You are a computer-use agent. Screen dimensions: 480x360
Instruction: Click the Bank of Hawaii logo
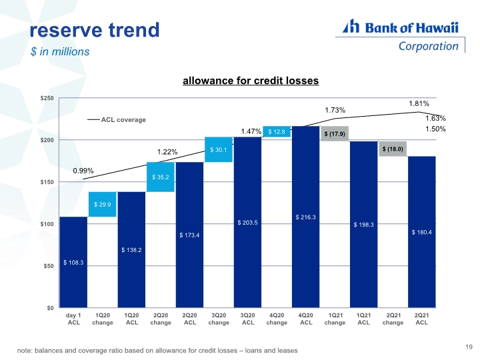(401, 35)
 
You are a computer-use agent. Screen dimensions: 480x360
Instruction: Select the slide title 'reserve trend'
(95, 30)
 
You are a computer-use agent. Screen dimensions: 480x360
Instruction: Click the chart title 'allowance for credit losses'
(251, 81)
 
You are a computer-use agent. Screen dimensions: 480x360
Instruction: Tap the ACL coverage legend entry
(117, 120)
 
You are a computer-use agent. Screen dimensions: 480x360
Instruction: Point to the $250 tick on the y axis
(47, 98)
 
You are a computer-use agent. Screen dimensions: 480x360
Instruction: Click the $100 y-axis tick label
(47, 224)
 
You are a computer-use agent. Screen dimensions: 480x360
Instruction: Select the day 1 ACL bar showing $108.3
(73, 262)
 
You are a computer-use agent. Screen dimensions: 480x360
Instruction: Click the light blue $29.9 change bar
(103, 204)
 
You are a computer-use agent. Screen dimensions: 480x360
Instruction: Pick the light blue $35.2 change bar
(161, 177)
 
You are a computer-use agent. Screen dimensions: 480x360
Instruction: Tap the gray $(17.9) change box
(335, 134)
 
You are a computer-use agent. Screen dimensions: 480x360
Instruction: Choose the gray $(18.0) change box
(393, 149)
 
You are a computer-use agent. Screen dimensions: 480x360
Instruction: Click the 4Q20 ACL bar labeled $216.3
(306, 217)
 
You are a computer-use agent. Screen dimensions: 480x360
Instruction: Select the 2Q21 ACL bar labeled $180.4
(422, 232)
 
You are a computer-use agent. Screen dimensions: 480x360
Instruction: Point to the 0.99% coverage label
(83, 171)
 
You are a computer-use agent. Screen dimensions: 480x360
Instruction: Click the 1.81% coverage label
(419, 104)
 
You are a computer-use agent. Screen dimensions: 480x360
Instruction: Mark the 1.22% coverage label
(167, 152)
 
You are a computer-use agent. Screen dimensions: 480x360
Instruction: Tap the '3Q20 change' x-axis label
(219, 319)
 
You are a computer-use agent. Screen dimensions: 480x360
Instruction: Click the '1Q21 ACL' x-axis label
(364, 319)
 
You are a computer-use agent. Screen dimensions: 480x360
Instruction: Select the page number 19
(469, 347)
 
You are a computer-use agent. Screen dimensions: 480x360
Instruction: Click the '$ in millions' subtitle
(60, 51)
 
